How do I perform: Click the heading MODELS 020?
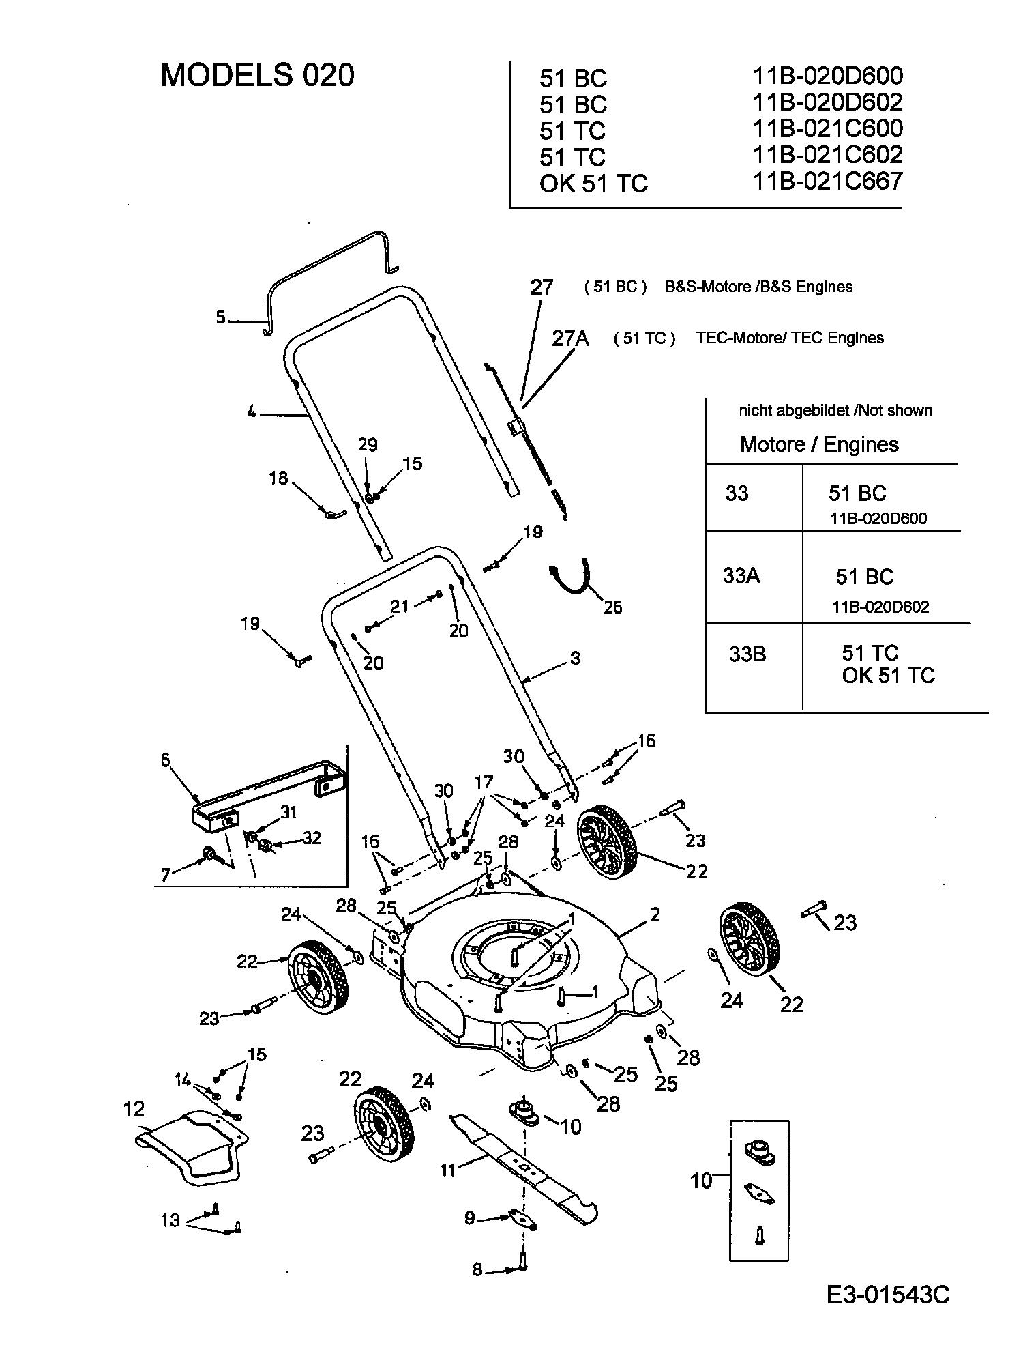pyautogui.click(x=257, y=75)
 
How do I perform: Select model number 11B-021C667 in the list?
pyautogui.click(x=827, y=182)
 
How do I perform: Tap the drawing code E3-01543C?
pyautogui.click(x=888, y=1294)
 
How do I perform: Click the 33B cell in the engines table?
pyautogui.click(x=747, y=654)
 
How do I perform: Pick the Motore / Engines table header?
pyautogui.click(x=818, y=445)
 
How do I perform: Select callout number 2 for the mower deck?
pyautogui.click(x=655, y=914)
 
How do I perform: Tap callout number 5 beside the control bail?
pyautogui.click(x=220, y=317)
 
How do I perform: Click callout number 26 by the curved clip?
pyautogui.click(x=612, y=607)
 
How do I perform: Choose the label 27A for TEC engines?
pyautogui.click(x=570, y=338)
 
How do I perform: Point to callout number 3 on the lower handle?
pyautogui.click(x=575, y=659)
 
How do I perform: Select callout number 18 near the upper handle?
pyautogui.click(x=278, y=478)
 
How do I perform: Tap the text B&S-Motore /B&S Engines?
pyautogui.click(x=758, y=287)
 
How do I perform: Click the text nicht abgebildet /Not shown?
pyautogui.click(x=835, y=411)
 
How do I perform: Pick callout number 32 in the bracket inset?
pyautogui.click(x=311, y=838)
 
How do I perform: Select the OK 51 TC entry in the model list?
pyautogui.click(x=593, y=184)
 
